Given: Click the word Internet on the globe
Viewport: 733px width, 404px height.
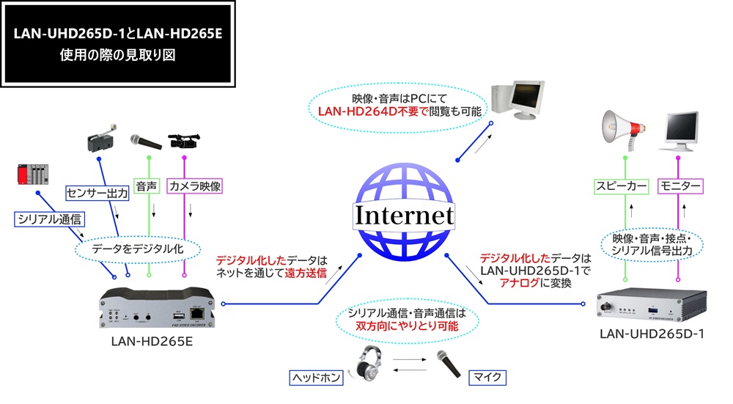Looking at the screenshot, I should (405, 216).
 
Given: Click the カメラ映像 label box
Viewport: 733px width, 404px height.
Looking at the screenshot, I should (194, 187).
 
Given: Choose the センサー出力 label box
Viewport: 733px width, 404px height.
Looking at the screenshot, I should (97, 194).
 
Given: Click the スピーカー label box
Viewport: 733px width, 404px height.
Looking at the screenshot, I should (622, 187).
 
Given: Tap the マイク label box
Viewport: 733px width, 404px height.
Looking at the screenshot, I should (487, 378).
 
